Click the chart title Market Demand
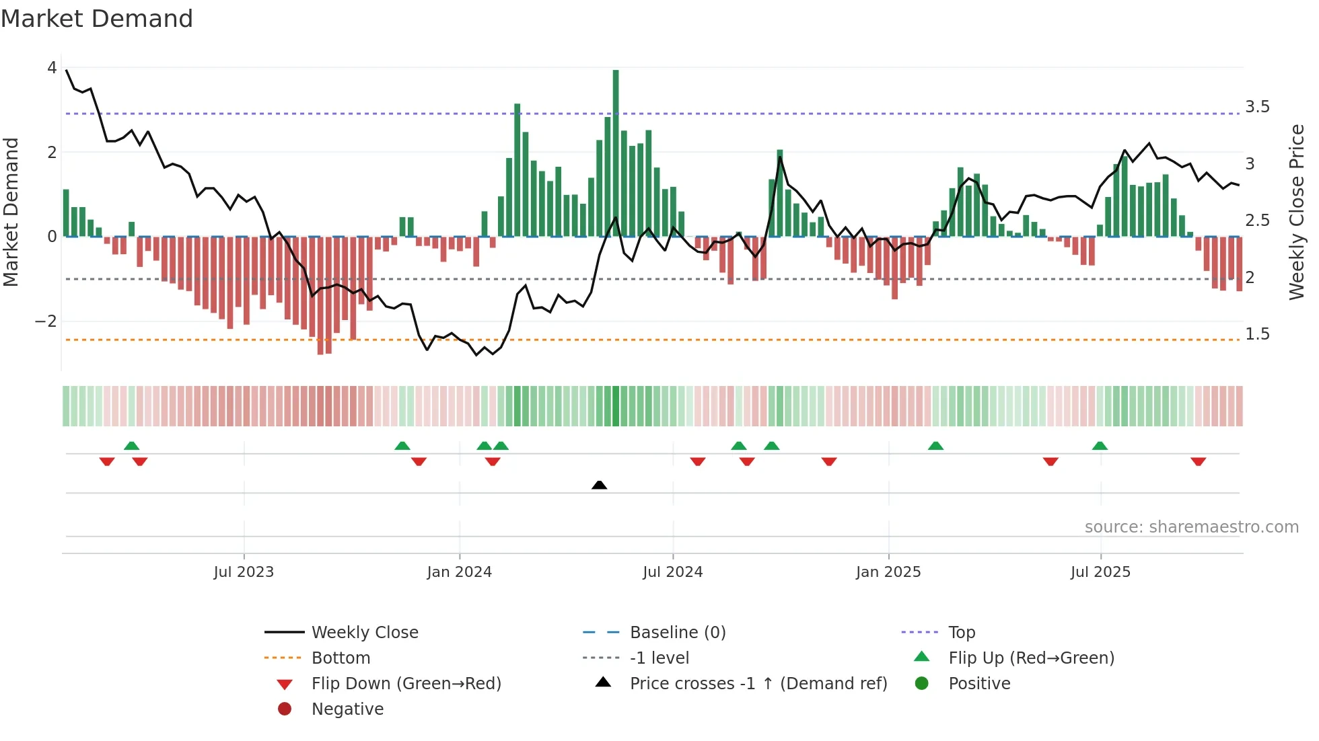[97, 19]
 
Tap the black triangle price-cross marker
[599, 485]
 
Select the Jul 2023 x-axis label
[244, 572]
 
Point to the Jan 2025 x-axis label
[888, 572]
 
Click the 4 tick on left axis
[52, 68]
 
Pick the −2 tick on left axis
[46, 321]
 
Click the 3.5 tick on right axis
[1257, 107]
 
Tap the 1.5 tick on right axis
[1257, 334]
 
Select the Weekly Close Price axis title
[1297, 212]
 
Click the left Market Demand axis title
[11, 212]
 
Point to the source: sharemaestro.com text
[1191, 527]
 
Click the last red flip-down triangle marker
[1198, 461]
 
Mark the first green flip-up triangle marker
[132, 446]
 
